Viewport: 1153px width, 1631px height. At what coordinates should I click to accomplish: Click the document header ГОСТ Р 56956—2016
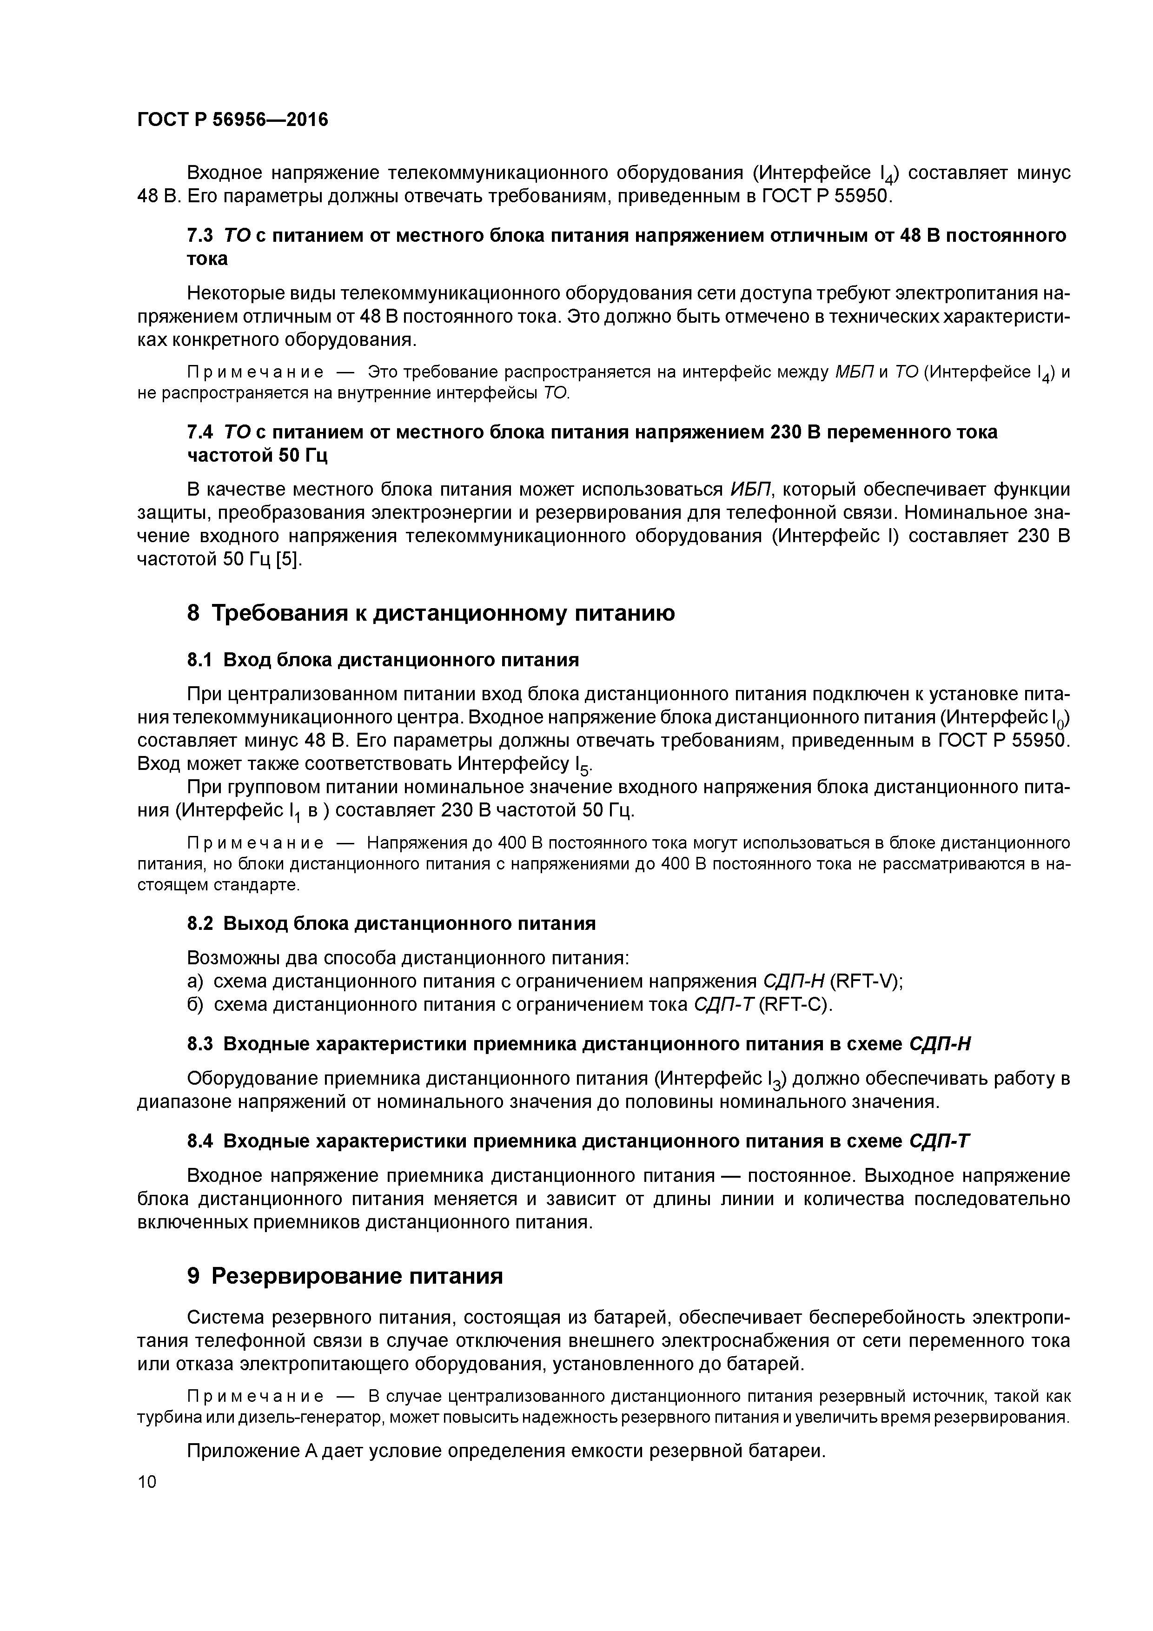pos(232,120)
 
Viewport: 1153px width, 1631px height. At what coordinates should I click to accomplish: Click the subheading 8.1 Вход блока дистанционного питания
pos(382,660)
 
